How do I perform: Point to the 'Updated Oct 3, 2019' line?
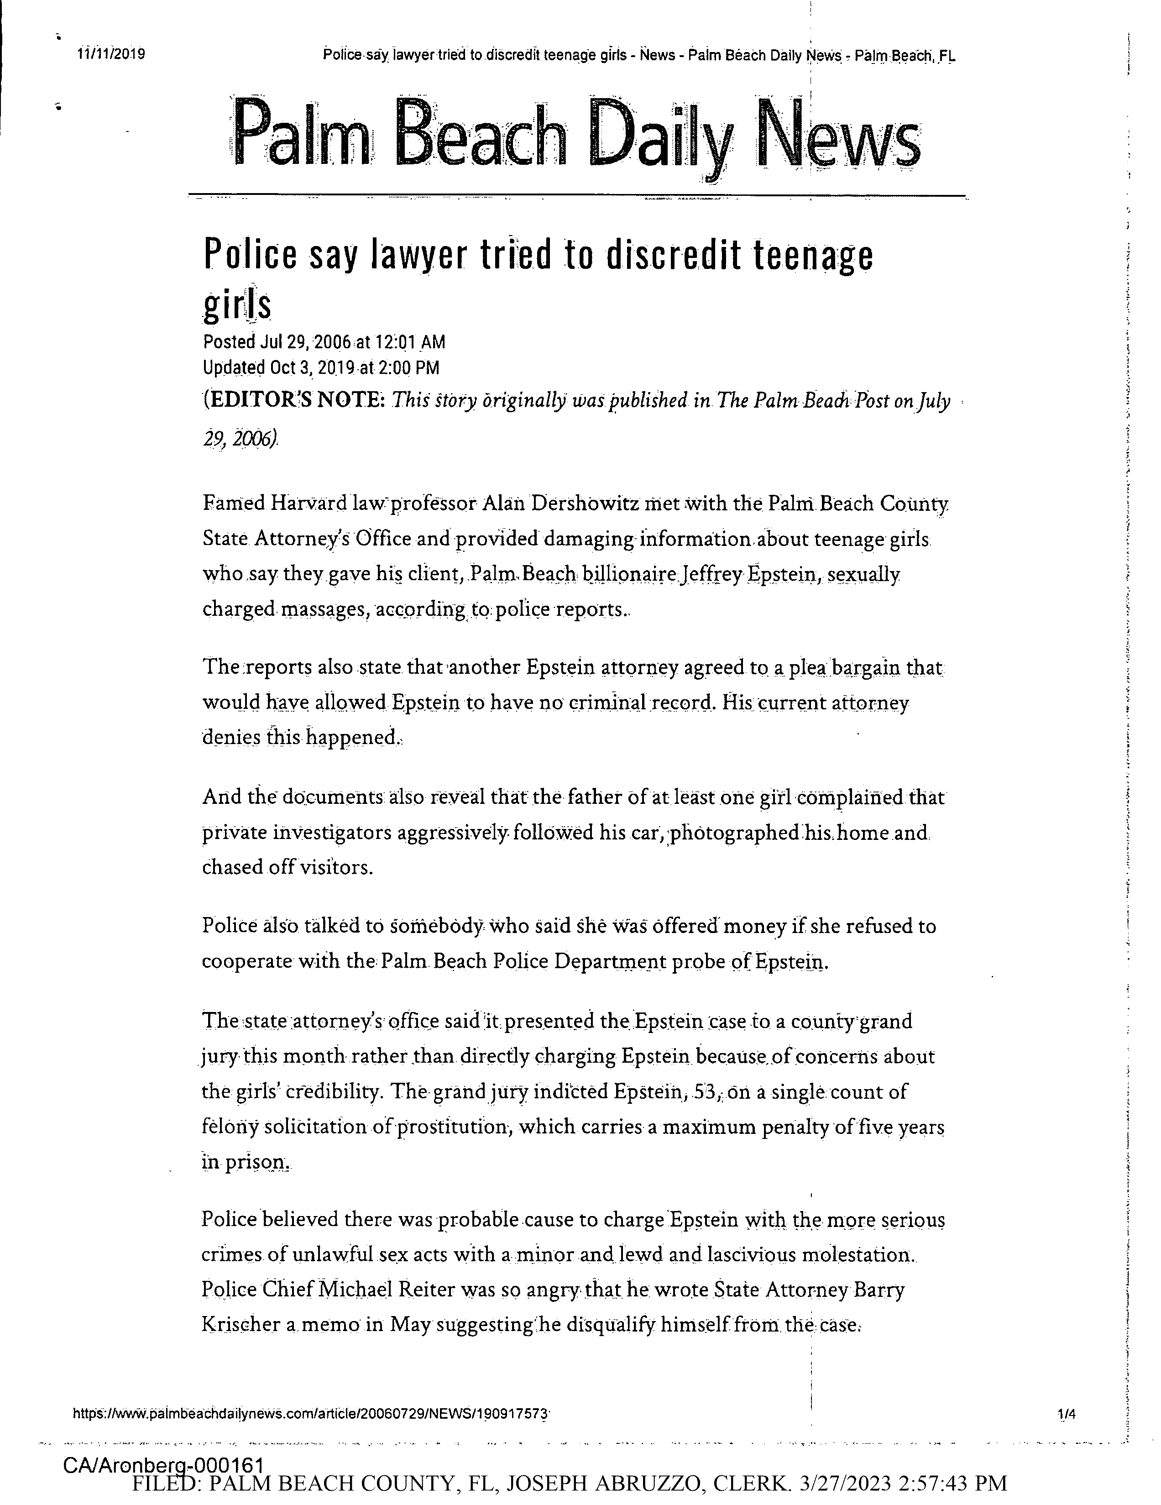click(320, 368)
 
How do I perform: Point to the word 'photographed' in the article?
click(733, 833)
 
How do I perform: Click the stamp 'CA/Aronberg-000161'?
click(163, 1465)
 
